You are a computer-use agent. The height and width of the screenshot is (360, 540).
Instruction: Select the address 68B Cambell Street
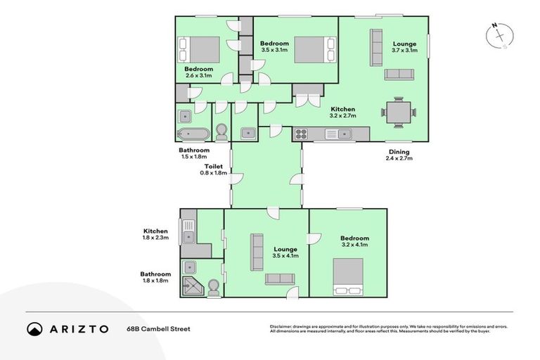coord(158,328)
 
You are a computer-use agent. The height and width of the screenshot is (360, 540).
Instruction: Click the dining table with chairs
coord(399,111)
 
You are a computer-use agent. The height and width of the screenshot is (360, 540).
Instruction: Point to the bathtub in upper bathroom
coord(192,134)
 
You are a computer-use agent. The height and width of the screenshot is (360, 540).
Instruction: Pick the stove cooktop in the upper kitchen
coord(302,134)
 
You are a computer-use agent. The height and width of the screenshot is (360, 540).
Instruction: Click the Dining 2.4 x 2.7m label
coord(399,155)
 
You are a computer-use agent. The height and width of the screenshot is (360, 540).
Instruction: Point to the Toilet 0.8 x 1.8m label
coord(214,169)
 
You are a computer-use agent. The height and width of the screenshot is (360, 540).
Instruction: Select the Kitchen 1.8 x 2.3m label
coord(155,235)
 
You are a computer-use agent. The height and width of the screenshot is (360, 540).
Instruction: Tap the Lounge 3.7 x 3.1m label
coord(404,47)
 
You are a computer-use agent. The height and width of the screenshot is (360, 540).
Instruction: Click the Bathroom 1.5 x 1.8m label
coord(194,153)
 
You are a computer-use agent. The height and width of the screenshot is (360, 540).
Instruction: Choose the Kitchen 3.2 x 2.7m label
coord(343,112)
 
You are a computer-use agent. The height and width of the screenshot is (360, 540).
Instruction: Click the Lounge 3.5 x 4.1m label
coord(285,252)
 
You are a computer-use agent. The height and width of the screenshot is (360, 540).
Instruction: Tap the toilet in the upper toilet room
coord(222,132)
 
